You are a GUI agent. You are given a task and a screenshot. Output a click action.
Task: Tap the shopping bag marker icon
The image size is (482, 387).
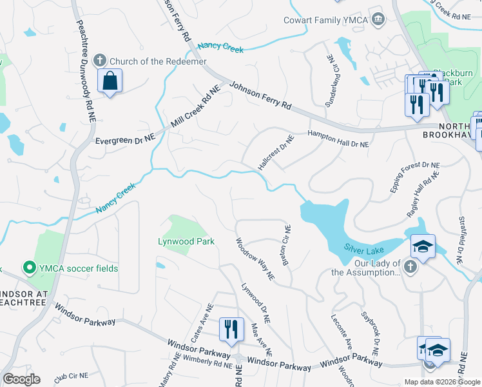point(110,82)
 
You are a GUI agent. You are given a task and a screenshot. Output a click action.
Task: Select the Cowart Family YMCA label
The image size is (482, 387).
point(325,20)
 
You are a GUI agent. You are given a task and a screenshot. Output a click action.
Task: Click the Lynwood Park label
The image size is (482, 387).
point(186,242)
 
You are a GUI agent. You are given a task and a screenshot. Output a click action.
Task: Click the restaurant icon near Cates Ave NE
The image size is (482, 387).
point(231,329)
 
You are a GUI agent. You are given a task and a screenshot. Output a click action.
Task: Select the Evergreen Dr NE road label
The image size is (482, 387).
point(126,140)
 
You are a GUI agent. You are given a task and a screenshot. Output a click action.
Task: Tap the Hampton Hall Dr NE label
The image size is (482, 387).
point(338,139)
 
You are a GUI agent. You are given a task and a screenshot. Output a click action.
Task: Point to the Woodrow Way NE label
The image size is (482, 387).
point(255,260)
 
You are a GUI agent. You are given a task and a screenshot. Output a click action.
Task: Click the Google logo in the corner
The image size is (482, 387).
point(21,379)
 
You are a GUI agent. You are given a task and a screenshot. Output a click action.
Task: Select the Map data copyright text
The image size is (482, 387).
point(442,382)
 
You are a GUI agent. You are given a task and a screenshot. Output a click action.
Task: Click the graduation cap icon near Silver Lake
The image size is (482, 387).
point(423,246)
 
